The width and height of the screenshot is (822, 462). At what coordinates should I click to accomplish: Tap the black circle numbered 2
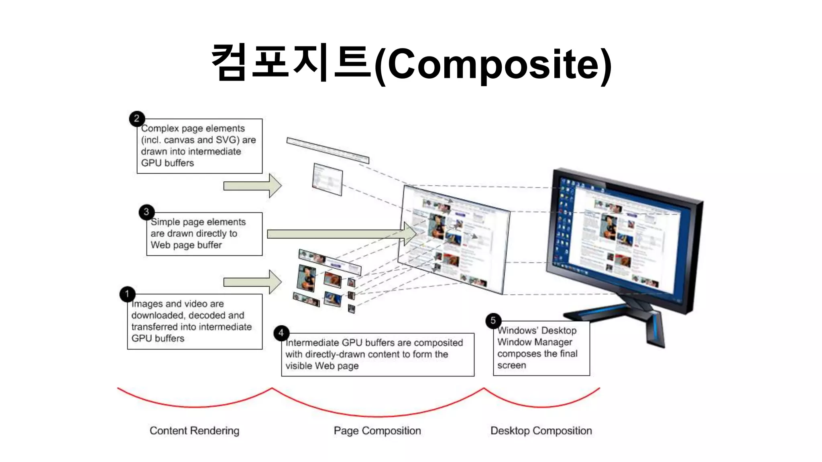coord(137,119)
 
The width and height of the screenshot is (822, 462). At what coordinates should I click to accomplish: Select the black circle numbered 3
coord(146,212)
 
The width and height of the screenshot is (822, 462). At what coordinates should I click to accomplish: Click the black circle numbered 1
coord(127,294)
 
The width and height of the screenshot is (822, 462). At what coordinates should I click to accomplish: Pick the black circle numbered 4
coord(281,333)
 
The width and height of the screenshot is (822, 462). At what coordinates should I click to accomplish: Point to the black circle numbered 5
coord(493,321)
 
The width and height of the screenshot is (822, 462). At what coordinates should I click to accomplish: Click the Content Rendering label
coord(194,431)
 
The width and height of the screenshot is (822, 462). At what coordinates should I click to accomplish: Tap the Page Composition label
coord(377,431)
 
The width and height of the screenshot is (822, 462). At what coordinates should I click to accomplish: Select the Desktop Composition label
coord(541,431)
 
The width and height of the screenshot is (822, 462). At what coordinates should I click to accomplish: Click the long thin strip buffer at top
coord(328,150)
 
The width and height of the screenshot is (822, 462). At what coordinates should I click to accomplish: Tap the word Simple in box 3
coord(165,222)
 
